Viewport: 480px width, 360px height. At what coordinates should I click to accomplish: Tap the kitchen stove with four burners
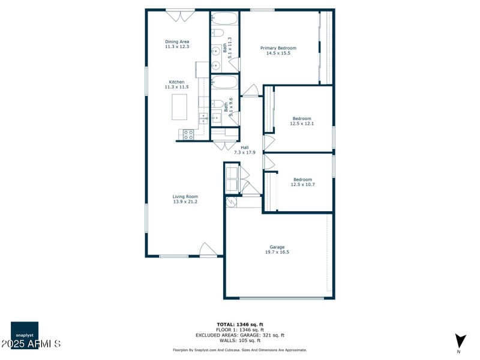pos(188,134)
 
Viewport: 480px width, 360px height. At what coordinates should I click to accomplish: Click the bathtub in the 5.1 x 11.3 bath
pos(224,18)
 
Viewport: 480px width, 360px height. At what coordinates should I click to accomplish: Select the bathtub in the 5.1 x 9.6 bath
pos(224,82)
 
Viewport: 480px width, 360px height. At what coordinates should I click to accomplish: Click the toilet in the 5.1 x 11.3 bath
pos(217,32)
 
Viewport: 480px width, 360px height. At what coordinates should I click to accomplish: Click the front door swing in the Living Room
pos(208,250)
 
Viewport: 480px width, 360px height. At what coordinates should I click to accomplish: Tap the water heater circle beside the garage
pos(231,203)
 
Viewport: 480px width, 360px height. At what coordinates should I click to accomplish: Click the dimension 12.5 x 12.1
pos(302,124)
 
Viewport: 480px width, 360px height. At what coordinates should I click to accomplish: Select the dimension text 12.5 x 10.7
pos(302,184)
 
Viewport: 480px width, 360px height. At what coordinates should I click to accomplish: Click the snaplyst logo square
pos(25,332)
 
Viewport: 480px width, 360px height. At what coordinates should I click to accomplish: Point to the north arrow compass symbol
pos(460,341)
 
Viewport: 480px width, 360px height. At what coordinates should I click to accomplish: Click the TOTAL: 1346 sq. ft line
pos(240,325)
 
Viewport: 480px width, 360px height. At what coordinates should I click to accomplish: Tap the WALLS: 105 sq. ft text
pos(240,340)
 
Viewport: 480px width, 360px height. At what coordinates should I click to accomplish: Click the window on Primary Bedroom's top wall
pos(262,10)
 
